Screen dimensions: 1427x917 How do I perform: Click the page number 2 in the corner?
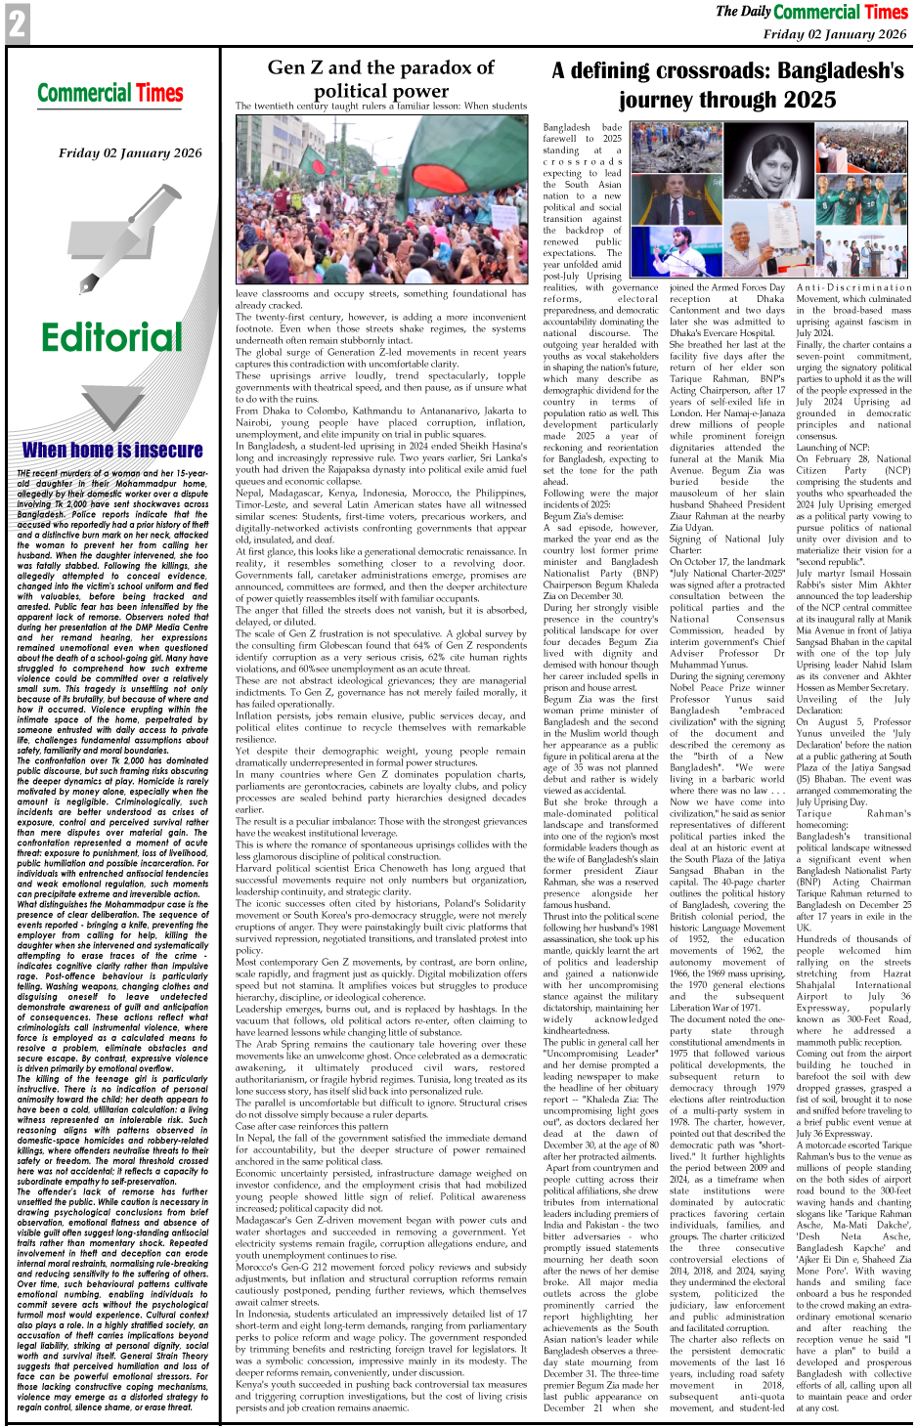(x=17, y=23)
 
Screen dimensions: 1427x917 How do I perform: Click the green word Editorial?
(x=111, y=337)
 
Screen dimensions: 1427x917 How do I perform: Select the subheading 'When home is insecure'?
(x=112, y=450)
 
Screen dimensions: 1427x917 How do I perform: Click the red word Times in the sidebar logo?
(x=159, y=94)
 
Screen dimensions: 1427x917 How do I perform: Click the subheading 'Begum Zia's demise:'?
(x=583, y=516)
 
